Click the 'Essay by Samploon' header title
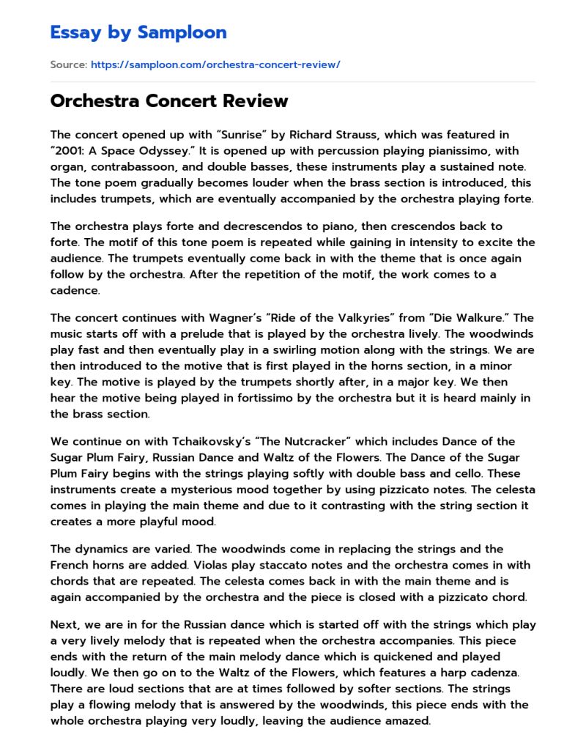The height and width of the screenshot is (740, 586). pyautogui.click(x=138, y=32)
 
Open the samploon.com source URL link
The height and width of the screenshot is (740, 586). pyautogui.click(x=215, y=64)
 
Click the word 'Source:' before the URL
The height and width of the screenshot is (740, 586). pyautogui.click(x=68, y=64)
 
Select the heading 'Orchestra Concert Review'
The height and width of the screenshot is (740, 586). pyautogui.click(x=169, y=101)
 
